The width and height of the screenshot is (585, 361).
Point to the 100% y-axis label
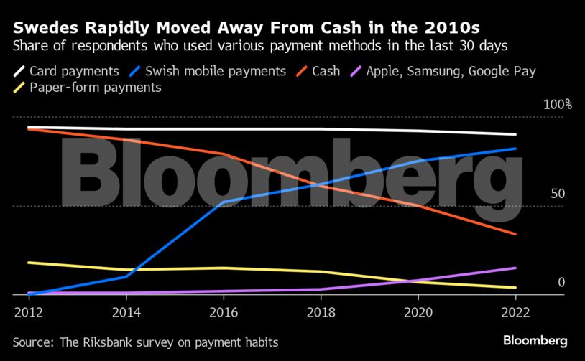click(558, 105)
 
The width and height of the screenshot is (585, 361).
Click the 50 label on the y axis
click(558, 194)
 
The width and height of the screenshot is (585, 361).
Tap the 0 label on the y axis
click(562, 282)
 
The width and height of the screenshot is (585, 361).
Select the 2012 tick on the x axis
click(27, 312)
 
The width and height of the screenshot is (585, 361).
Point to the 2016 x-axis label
click(223, 312)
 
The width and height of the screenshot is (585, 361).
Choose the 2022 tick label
click(515, 312)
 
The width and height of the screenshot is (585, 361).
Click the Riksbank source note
click(145, 342)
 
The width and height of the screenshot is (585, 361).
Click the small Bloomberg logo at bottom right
click(535, 341)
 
